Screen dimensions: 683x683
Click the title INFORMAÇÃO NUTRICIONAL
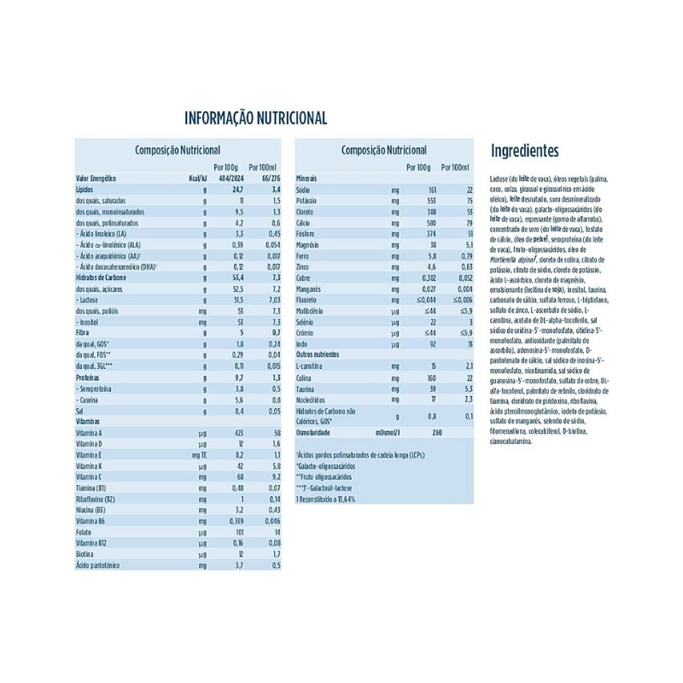tap(256, 118)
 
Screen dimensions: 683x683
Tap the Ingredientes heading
tap(524, 151)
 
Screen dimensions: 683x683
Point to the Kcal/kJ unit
tap(196, 178)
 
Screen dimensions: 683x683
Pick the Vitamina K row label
tap(89, 466)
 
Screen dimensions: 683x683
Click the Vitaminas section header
tap(89, 422)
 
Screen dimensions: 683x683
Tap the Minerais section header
tap(307, 178)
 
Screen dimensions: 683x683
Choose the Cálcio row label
tap(305, 222)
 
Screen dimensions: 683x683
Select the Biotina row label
tap(87, 554)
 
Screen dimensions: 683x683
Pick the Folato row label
tap(85, 532)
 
